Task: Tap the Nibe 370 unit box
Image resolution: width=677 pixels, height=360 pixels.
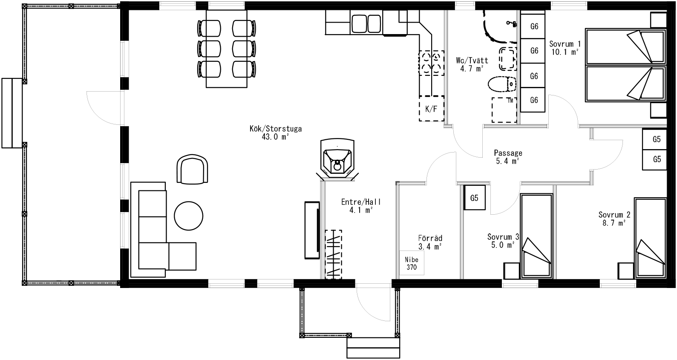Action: point(412,263)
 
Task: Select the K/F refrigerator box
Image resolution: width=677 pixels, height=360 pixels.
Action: point(431,109)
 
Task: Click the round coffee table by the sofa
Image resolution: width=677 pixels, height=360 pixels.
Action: point(189,216)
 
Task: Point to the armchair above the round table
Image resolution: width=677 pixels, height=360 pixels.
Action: point(192,169)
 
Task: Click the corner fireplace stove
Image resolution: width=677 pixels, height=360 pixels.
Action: point(337,160)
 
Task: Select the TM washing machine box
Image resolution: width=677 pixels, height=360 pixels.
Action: point(504,110)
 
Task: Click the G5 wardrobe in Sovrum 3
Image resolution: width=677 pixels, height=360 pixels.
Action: point(475,198)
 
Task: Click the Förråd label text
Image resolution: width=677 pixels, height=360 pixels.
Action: point(430,238)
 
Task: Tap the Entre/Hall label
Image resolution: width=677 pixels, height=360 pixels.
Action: point(361,202)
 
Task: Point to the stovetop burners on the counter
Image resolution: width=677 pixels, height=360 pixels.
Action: point(431,63)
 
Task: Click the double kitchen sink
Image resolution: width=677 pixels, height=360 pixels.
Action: point(366,23)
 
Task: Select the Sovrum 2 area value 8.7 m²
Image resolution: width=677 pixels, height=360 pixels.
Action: point(613,223)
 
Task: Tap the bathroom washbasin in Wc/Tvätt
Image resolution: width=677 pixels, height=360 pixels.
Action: point(507,58)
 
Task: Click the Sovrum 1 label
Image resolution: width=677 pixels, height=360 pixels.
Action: point(565,44)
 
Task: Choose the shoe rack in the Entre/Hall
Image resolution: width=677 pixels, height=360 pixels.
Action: point(333,254)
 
